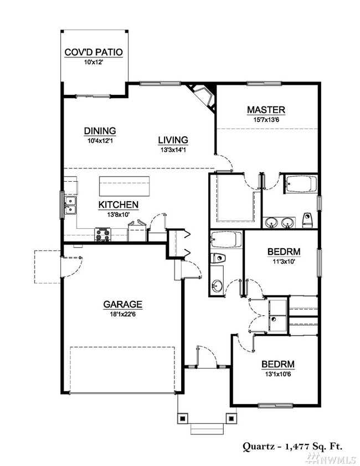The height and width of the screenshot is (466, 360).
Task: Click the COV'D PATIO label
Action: pos(94,53)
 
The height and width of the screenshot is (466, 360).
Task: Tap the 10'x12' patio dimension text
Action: pos(94,62)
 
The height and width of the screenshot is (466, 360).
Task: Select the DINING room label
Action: pos(100,131)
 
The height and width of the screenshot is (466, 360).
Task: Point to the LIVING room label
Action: pos(173,140)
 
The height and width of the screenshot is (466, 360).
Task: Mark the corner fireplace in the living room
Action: pos(201,95)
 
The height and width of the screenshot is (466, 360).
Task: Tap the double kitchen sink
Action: pos(70,205)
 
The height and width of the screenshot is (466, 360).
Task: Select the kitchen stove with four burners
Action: pos(104,235)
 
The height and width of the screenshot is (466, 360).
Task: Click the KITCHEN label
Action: pos(118,204)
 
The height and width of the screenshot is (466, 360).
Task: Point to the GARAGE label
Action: pos(123,304)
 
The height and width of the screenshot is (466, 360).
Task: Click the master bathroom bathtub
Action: pos(300,184)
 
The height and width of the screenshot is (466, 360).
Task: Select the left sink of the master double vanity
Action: pos(272,223)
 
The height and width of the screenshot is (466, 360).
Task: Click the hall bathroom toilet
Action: pos(218,258)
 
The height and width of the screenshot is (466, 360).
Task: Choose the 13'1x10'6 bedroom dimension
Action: pos(277,374)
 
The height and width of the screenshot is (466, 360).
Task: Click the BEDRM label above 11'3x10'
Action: pos(284,252)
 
